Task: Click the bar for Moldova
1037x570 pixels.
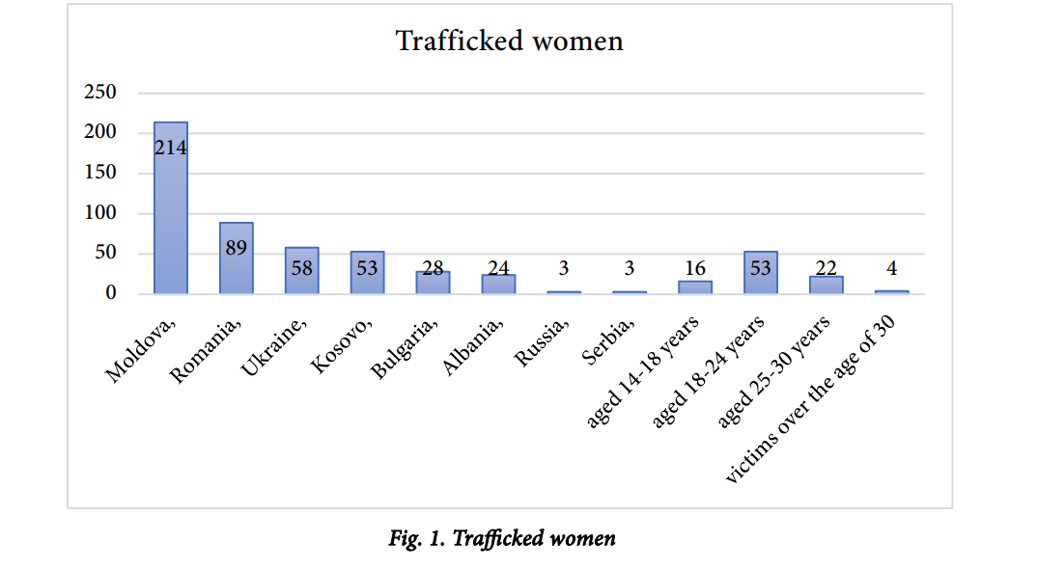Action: (171, 207)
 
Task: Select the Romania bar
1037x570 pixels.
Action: (237, 258)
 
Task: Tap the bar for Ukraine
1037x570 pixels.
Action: (301, 270)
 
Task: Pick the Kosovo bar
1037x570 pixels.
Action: (367, 272)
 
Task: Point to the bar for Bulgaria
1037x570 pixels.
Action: (433, 283)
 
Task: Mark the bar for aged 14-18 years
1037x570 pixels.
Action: (695, 286)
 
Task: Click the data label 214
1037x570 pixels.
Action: (171, 148)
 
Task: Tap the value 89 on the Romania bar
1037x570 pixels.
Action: (237, 248)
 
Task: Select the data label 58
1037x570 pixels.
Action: (302, 268)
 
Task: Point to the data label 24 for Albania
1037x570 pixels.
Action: (498, 269)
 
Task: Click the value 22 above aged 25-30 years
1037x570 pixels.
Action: (827, 269)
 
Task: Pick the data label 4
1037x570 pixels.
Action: (892, 269)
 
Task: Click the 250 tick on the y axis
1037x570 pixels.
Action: (100, 93)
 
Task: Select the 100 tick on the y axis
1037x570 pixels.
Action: (100, 213)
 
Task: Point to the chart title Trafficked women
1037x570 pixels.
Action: (509, 41)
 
